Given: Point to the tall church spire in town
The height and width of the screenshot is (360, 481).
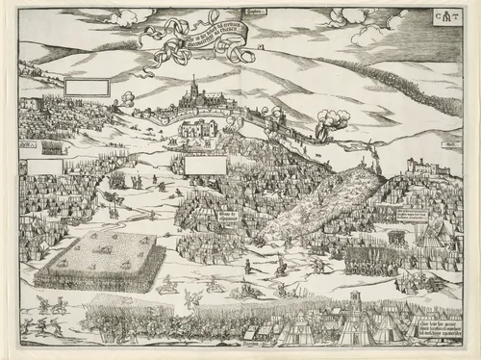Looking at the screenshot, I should click(x=191, y=90).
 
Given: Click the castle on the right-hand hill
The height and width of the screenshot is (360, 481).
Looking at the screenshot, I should click(x=426, y=172).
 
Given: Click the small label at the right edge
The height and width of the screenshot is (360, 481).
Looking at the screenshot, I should click(x=446, y=145).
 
